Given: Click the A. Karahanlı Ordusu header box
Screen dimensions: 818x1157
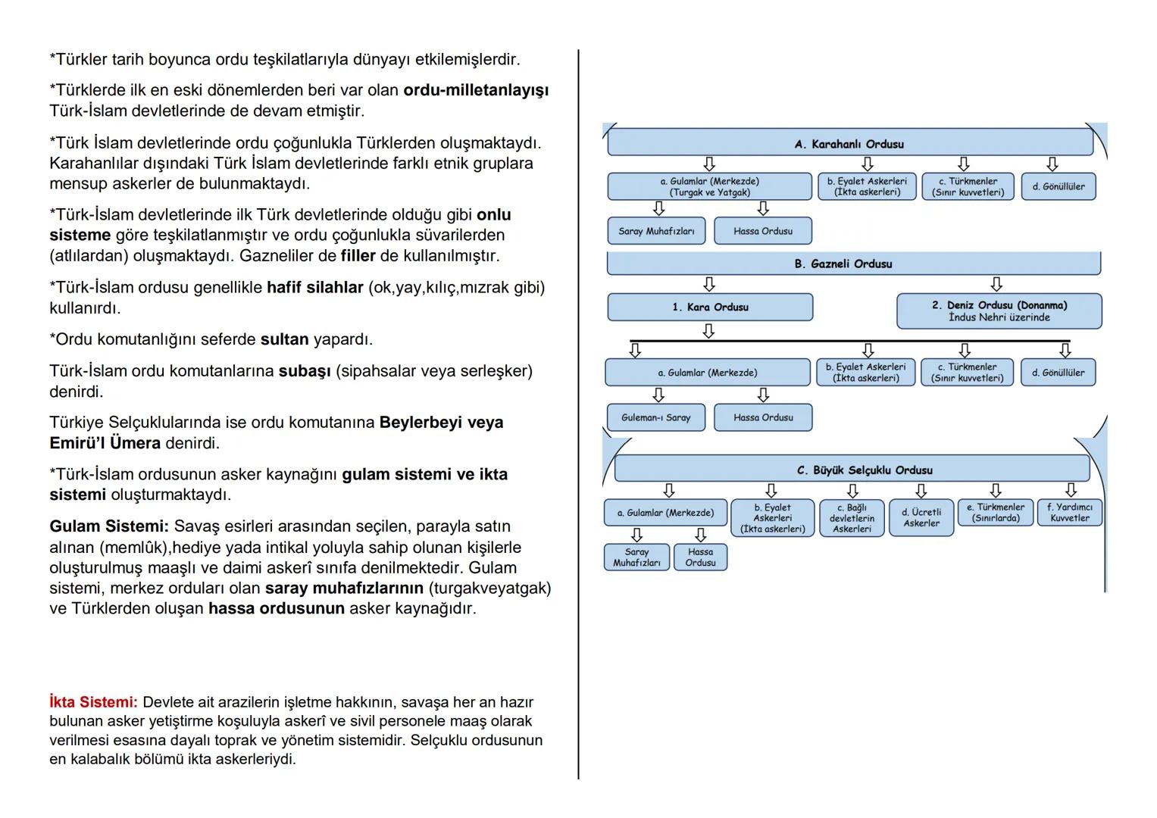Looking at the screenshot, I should point(849,143).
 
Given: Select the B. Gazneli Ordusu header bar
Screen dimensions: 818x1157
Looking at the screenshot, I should point(853,264).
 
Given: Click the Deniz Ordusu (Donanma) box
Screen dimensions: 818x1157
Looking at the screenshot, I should point(999,311).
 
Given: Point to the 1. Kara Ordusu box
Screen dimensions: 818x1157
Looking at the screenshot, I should point(710,308).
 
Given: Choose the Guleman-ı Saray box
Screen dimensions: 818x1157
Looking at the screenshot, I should point(655,417).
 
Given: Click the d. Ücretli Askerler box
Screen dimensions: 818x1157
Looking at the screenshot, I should point(921,517).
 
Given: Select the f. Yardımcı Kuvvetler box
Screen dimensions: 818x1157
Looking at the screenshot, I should point(1069,513).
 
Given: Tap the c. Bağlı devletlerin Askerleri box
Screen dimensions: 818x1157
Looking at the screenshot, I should point(852,518).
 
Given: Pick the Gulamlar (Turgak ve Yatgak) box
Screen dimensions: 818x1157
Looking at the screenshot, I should point(709,186).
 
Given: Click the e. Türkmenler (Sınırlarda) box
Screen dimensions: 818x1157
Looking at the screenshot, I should point(995,513).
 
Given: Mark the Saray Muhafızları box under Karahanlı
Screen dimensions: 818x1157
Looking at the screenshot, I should point(656,231).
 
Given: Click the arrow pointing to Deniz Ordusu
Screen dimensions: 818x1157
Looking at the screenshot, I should point(996,284).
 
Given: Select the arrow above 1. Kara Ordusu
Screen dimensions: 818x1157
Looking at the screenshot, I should point(709,284).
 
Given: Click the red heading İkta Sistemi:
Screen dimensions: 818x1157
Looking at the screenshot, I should point(93,702).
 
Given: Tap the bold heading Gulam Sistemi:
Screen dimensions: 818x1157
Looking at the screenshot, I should point(109,526).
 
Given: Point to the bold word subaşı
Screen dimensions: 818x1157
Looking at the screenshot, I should point(305,372).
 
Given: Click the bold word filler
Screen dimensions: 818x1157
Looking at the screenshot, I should point(358,256).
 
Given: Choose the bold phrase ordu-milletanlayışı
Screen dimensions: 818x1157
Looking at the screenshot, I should point(476,90).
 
